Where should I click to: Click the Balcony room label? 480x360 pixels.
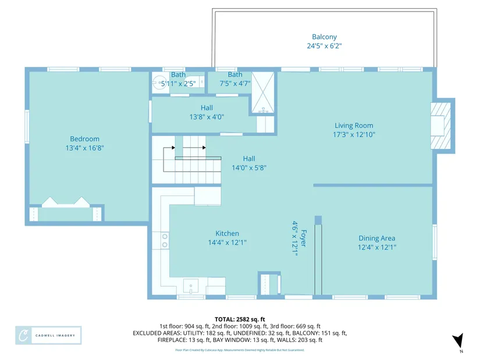[324, 37]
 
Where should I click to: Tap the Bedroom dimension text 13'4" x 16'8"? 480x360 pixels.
[85, 148]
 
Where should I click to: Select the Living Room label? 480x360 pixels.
[354, 126]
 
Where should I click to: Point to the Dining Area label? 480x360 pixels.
[377, 238]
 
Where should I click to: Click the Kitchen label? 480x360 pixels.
[227, 233]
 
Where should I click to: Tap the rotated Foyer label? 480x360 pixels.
[303, 238]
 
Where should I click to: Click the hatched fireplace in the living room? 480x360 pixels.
[441, 126]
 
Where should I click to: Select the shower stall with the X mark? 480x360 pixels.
[262, 92]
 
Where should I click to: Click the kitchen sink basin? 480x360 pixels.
[191, 286]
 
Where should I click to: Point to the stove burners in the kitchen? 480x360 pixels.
[165, 241]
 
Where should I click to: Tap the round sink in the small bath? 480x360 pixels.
[159, 83]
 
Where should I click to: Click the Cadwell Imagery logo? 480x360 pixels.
[48, 336]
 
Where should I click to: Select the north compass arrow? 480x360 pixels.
[458, 341]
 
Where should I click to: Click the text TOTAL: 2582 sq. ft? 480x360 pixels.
[240, 320]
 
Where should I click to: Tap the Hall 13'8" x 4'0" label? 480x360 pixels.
[207, 112]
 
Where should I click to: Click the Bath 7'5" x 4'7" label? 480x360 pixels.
[235, 79]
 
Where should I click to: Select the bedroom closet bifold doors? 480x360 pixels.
[66, 202]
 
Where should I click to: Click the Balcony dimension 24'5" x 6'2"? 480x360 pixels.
[324, 46]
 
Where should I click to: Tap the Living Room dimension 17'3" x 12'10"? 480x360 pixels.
[354, 134]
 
